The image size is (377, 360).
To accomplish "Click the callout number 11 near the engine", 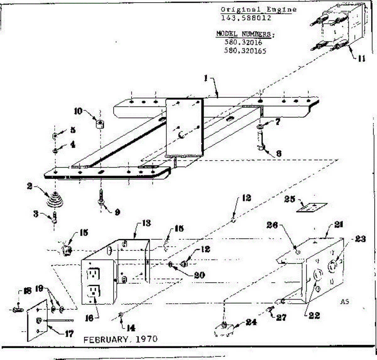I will pyautogui.click(x=361, y=58).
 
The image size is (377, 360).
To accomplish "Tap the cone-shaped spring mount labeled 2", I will pyautogui.click(x=55, y=199).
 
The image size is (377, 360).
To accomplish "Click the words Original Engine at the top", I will pyautogui.click(x=258, y=9).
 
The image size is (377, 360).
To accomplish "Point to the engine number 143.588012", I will pyautogui.click(x=246, y=18).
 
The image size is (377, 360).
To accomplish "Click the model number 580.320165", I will pyautogui.click(x=245, y=50).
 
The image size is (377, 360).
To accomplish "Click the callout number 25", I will pyautogui.click(x=289, y=199).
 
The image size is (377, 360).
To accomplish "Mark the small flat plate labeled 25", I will pyautogui.click(x=312, y=207).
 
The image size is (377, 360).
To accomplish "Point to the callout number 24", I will pyautogui.click(x=251, y=322).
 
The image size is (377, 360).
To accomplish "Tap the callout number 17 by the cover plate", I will pyautogui.click(x=70, y=334).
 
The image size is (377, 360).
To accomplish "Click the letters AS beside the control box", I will pyautogui.click(x=345, y=302).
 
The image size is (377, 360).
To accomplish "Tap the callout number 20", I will pyautogui.click(x=199, y=275).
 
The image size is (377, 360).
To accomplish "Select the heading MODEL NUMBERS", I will pyautogui.click(x=243, y=34).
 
